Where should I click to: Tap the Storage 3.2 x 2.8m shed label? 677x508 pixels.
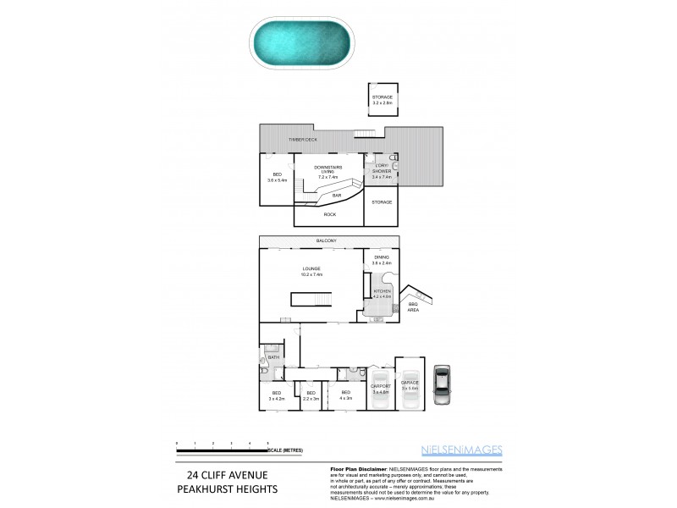(383, 100)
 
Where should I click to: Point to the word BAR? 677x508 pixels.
(336, 196)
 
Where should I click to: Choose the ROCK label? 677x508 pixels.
(329, 215)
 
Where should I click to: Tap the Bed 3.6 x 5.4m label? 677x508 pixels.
(277, 177)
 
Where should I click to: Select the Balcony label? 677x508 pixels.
(327, 241)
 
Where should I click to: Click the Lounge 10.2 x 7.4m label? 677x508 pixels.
(311, 271)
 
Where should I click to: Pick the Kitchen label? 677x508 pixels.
(383, 294)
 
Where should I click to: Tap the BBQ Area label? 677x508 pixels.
(413, 307)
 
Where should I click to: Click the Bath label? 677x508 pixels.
(273, 357)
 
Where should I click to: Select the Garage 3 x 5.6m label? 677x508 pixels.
(410, 385)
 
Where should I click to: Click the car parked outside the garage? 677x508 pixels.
(441, 385)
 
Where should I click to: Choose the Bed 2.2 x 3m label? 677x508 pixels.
(311, 395)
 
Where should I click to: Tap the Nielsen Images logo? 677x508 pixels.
(462, 450)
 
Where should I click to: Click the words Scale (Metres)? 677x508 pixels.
(286, 450)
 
